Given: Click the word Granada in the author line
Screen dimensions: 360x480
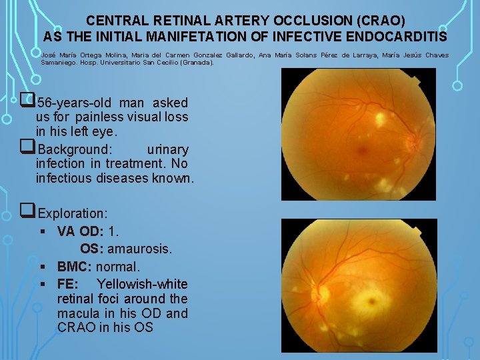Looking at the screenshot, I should (196, 63).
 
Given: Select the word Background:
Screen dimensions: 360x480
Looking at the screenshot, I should (75, 149).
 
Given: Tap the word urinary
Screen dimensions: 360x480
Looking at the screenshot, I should (167, 149).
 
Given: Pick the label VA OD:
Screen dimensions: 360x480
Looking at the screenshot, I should (80, 231).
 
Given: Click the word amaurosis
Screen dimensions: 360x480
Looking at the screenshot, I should (139, 249).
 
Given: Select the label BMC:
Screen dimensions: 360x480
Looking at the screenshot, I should (75, 267).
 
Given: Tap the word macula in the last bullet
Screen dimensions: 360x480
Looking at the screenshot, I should (77, 313).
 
